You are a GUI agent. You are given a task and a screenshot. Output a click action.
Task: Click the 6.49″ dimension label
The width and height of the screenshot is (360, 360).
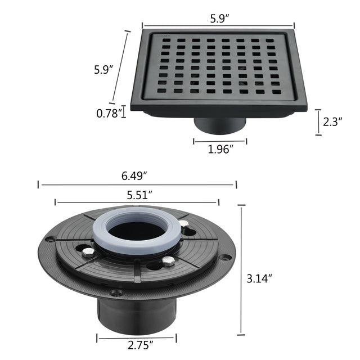[137, 175]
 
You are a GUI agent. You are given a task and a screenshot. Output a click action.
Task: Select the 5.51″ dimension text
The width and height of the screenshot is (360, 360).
[137, 195]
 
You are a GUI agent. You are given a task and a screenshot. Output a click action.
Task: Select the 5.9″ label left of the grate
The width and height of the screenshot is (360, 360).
[103, 70]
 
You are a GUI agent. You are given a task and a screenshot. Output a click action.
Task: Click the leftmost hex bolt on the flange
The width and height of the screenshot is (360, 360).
[87, 253]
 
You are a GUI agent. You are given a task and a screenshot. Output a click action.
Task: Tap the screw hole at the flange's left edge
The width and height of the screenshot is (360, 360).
[50, 240]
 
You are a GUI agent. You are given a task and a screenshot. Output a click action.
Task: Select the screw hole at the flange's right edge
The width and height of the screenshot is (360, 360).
[225, 257]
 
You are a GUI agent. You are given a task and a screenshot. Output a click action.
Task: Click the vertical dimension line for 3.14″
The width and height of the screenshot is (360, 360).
[242, 270]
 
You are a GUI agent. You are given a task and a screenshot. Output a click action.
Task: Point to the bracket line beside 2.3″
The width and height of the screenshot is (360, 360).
[318, 122]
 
